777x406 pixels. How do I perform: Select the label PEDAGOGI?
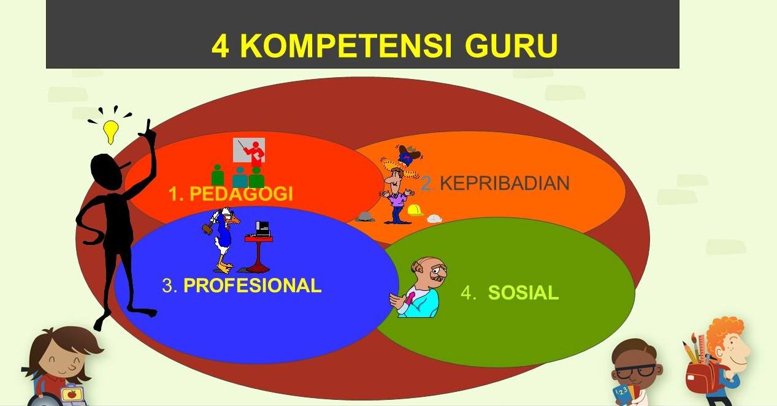(x=241, y=194)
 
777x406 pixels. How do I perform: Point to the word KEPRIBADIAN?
(x=504, y=183)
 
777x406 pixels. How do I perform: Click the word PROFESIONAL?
(x=252, y=285)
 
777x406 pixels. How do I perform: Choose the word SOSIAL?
(x=523, y=293)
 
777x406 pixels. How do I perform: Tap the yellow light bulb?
(x=110, y=130)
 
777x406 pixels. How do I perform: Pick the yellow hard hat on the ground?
(x=415, y=210)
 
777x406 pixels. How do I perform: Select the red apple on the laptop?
(x=72, y=394)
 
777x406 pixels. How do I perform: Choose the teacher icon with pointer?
(x=249, y=151)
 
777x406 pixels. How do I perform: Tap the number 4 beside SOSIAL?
(x=468, y=293)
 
